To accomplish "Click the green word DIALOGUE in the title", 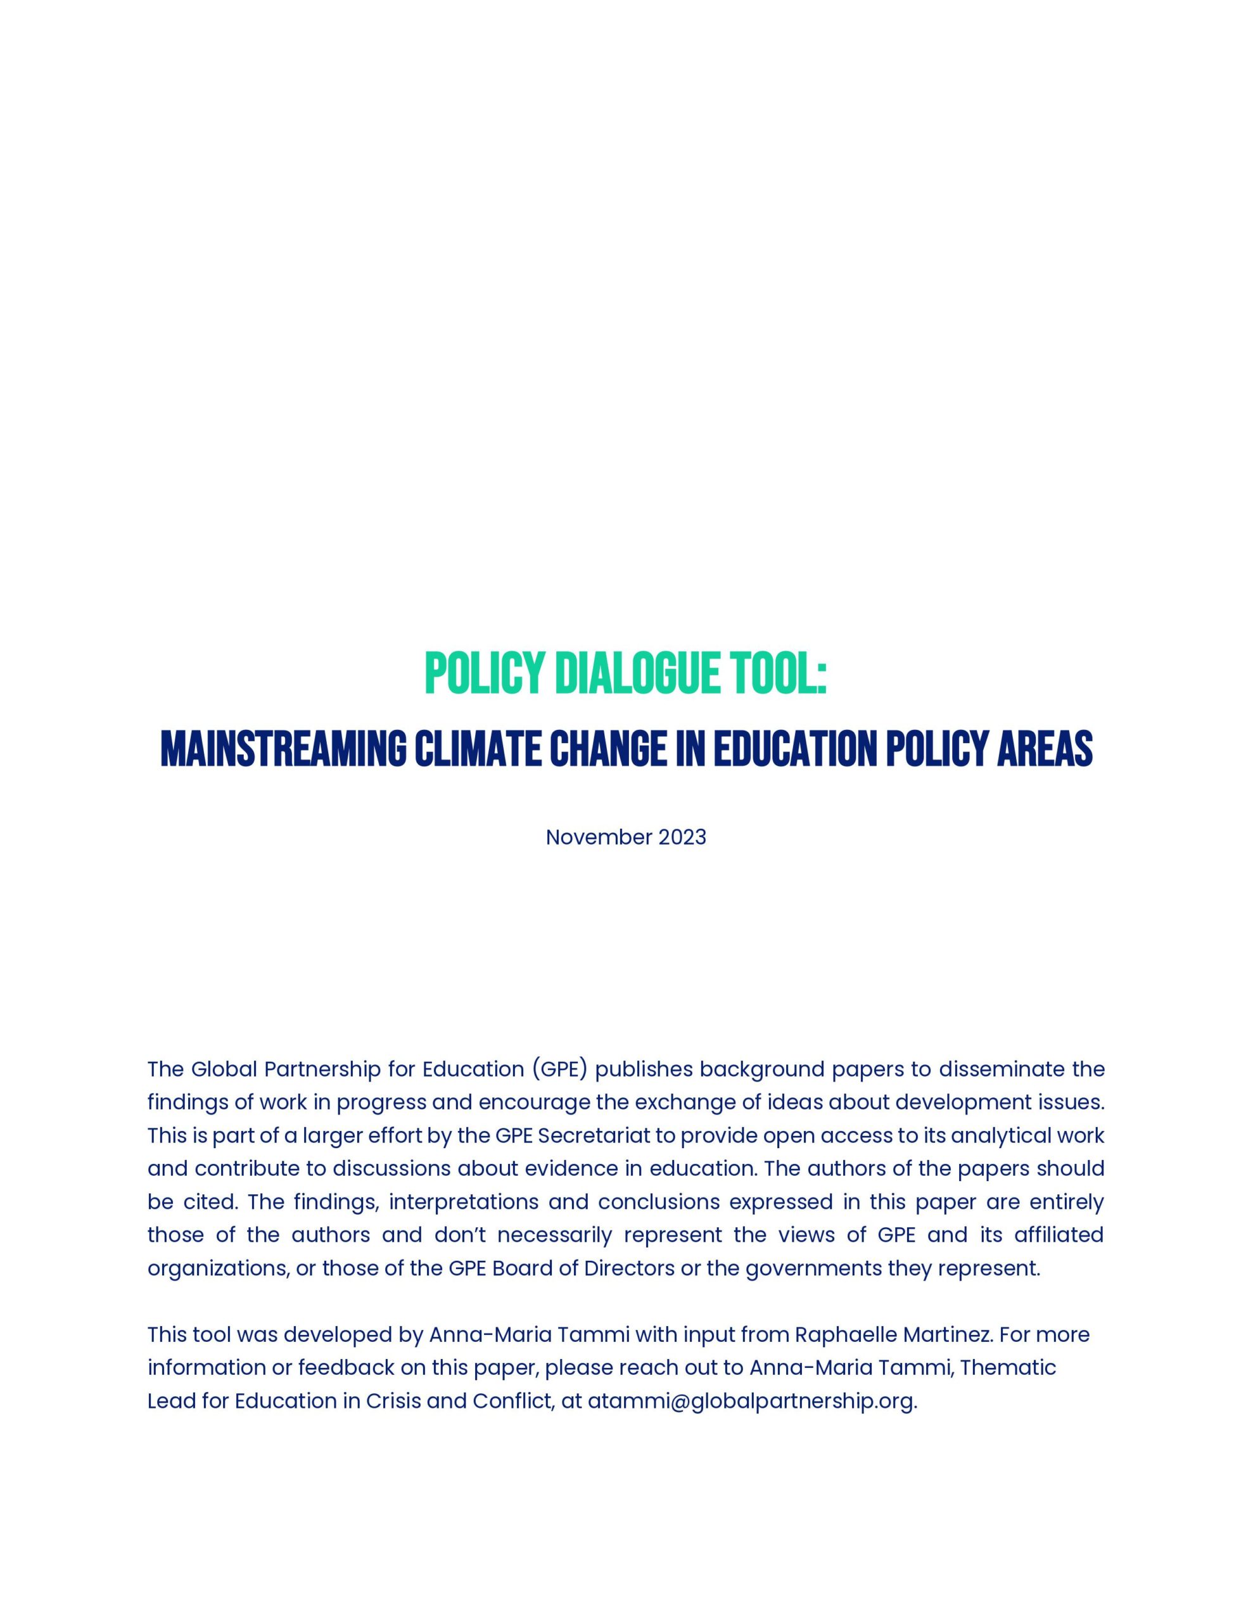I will pos(637,674).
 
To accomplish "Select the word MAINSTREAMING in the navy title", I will pos(283,749).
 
